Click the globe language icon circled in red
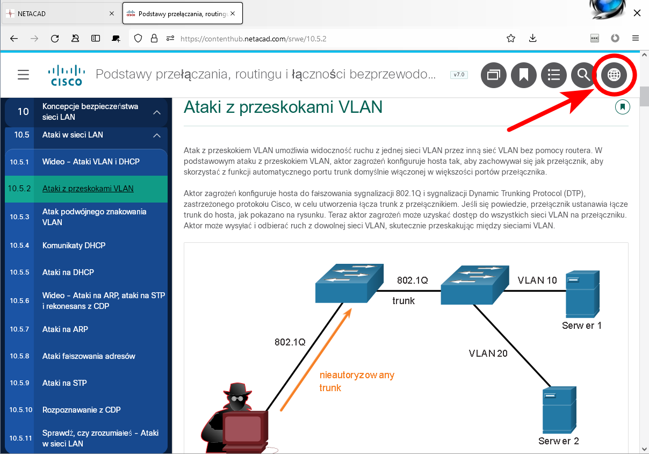(614, 75)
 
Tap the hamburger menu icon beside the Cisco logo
(23, 75)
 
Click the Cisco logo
(67, 75)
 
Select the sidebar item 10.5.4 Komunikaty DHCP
(74, 246)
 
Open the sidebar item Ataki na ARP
(65, 329)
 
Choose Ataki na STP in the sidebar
(64, 383)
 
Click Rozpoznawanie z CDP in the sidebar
(81, 410)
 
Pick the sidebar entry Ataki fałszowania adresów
(89, 356)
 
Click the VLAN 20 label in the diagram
(488, 353)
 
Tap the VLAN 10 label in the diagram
(537, 280)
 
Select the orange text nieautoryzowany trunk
(356, 381)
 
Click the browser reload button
(55, 38)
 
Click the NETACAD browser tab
(59, 13)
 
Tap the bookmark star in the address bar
(511, 38)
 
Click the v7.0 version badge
(459, 75)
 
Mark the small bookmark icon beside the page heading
(623, 107)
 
